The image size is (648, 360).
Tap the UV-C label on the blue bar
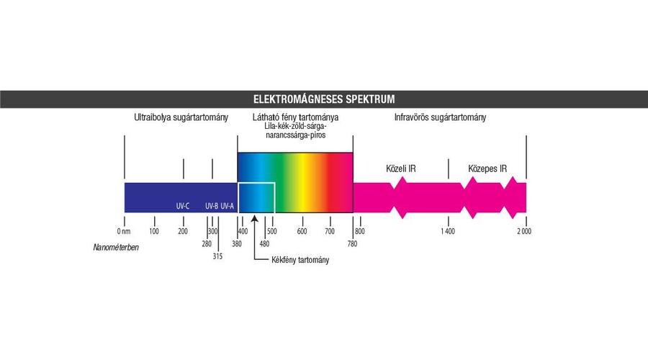click(183, 206)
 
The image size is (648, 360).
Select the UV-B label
click(211, 206)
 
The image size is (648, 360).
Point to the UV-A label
click(228, 206)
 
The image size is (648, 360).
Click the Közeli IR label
click(401, 168)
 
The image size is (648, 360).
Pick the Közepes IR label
click(488, 168)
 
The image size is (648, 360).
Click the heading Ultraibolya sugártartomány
click(180, 117)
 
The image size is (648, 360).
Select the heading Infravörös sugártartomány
click(440, 117)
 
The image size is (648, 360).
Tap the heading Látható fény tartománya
click(296, 117)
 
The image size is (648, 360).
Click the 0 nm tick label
click(123, 231)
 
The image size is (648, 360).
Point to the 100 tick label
click(154, 231)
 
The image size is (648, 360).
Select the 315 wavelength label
click(217, 256)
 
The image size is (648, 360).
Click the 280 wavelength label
click(207, 243)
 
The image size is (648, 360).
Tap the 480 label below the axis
click(264, 243)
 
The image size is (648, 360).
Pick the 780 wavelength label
click(352, 243)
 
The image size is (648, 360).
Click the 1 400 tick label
click(447, 231)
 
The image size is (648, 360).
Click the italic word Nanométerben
click(116, 248)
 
